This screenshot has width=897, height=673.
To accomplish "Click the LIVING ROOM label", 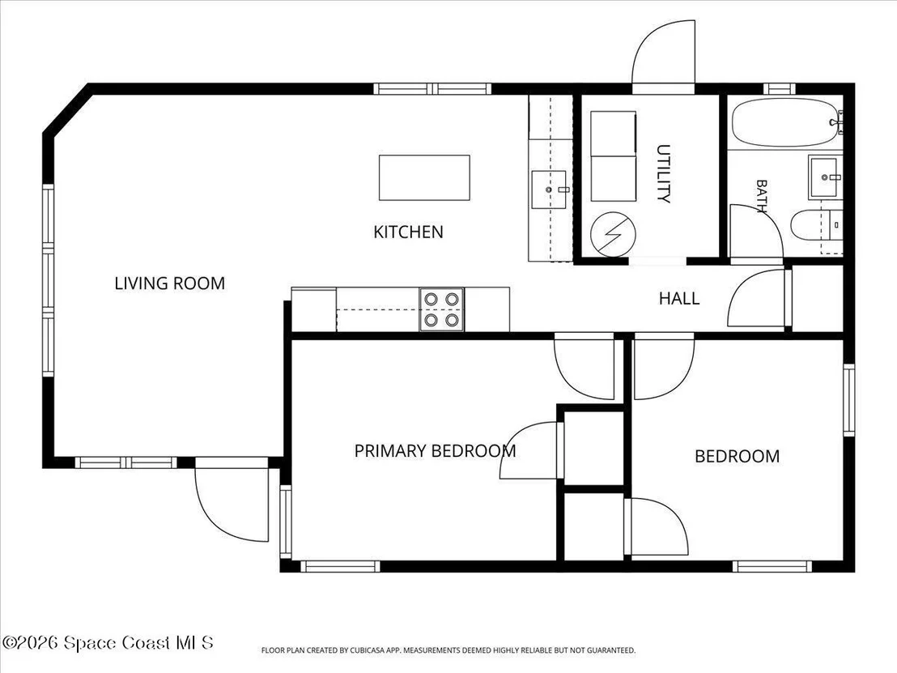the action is [170, 283].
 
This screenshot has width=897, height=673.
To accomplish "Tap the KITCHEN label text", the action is [409, 232].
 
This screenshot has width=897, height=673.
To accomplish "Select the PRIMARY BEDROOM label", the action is [435, 451].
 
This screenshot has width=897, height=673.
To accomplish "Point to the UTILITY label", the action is [664, 173].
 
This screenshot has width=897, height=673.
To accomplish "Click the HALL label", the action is [679, 298].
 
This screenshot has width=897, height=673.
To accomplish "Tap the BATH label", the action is [762, 196].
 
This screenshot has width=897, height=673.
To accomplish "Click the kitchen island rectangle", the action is [424, 177].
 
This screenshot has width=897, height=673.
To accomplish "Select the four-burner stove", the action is [442, 309].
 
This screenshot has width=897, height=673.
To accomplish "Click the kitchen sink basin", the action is [549, 190].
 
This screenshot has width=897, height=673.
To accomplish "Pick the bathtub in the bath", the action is [785, 122].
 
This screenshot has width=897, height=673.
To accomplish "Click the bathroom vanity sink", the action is [826, 177].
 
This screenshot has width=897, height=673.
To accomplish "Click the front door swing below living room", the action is [232, 499].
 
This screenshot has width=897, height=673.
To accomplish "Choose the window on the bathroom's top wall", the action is [779, 89].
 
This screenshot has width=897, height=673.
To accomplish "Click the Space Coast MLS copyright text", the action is [108, 643].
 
